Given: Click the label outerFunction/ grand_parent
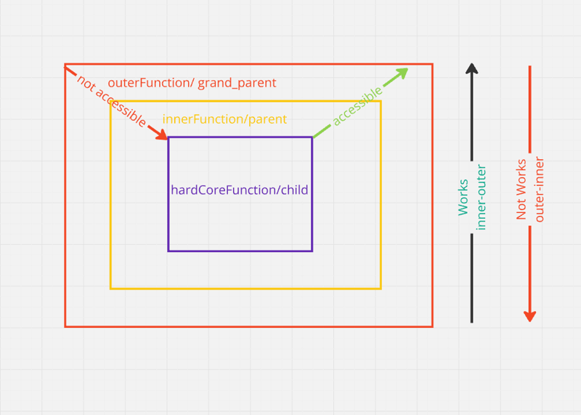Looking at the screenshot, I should click(192, 83).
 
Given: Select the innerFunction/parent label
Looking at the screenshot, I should click(224, 119).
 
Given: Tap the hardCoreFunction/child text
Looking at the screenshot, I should click(240, 190).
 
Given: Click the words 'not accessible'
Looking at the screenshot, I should click(111, 101).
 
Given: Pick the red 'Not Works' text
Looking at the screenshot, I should click(521, 190).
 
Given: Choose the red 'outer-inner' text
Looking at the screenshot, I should click(539, 190).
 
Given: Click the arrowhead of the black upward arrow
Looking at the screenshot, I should click(472, 69).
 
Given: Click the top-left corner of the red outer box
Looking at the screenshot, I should click(65, 65).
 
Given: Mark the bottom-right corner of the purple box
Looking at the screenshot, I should click(312, 251).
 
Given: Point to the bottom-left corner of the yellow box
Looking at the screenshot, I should click(110, 289).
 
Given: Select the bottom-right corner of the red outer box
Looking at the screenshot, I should click(432, 326).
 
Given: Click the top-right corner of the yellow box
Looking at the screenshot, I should click(381, 101).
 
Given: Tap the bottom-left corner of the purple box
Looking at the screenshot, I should click(168, 251).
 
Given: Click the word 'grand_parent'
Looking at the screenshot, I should click(237, 83).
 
